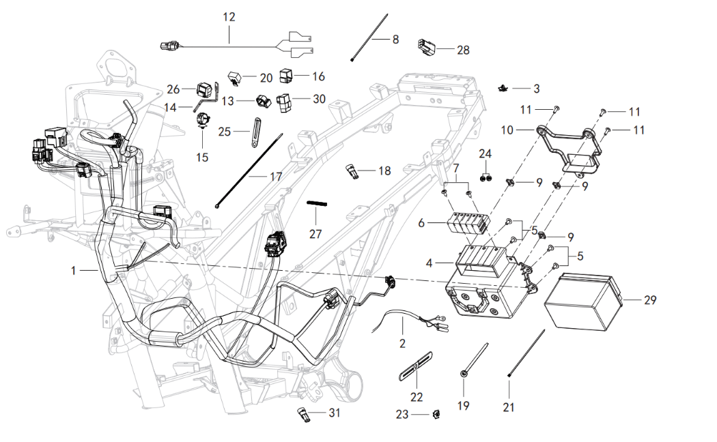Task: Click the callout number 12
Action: pyautogui.click(x=229, y=16)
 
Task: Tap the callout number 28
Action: pyautogui.click(x=463, y=50)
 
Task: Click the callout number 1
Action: pyautogui.click(x=73, y=271)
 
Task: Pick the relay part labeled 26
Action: pyautogui.click(x=203, y=89)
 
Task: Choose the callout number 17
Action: pyautogui.click(x=275, y=177)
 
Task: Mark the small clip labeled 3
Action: pyautogui.click(x=503, y=87)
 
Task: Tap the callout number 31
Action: pyautogui.click(x=334, y=413)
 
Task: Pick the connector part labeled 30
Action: pyautogui.click(x=285, y=102)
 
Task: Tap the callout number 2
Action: pyautogui.click(x=402, y=343)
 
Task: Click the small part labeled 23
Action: pyautogui.click(x=436, y=413)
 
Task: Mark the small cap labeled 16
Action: pyautogui.click(x=285, y=75)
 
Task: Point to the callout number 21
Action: pyautogui.click(x=508, y=407)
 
